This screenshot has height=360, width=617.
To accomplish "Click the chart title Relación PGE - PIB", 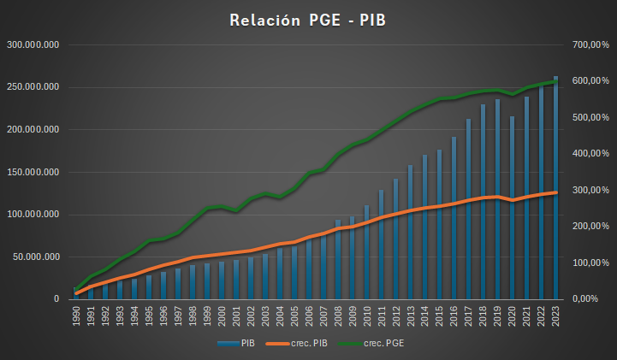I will pos(308,21).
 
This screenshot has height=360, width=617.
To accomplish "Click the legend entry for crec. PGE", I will pos(385,343).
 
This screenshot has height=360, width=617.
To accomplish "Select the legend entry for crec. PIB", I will pos(303,343).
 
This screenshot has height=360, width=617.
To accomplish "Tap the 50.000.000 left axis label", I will pos(33,257).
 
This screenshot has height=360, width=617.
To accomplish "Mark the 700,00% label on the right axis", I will pos(590,44).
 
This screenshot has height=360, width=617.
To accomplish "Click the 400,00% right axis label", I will pos(590,154).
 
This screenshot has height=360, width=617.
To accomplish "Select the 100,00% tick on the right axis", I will pos(590,263).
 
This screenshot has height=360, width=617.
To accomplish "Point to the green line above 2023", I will pos(555,81).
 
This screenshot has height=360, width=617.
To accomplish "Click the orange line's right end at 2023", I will pos(555,192).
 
